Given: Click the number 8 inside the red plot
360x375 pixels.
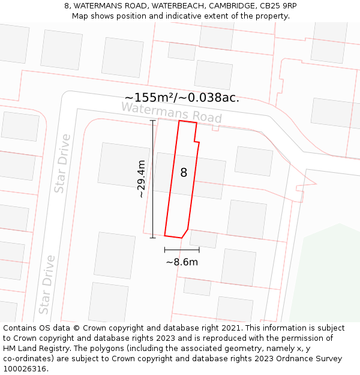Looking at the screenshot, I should (x=184, y=173).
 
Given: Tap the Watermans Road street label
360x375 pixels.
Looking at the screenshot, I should (x=172, y=112).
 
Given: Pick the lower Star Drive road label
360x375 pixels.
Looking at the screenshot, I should (x=47, y=284).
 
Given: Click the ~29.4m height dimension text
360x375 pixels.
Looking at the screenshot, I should (x=141, y=179).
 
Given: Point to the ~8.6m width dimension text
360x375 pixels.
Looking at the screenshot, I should (x=182, y=262).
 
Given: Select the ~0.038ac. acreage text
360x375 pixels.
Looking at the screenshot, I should (x=210, y=98).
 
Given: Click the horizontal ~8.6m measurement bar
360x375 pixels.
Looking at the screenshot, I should (x=182, y=250).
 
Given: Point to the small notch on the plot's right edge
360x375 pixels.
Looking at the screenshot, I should (x=196, y=142).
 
